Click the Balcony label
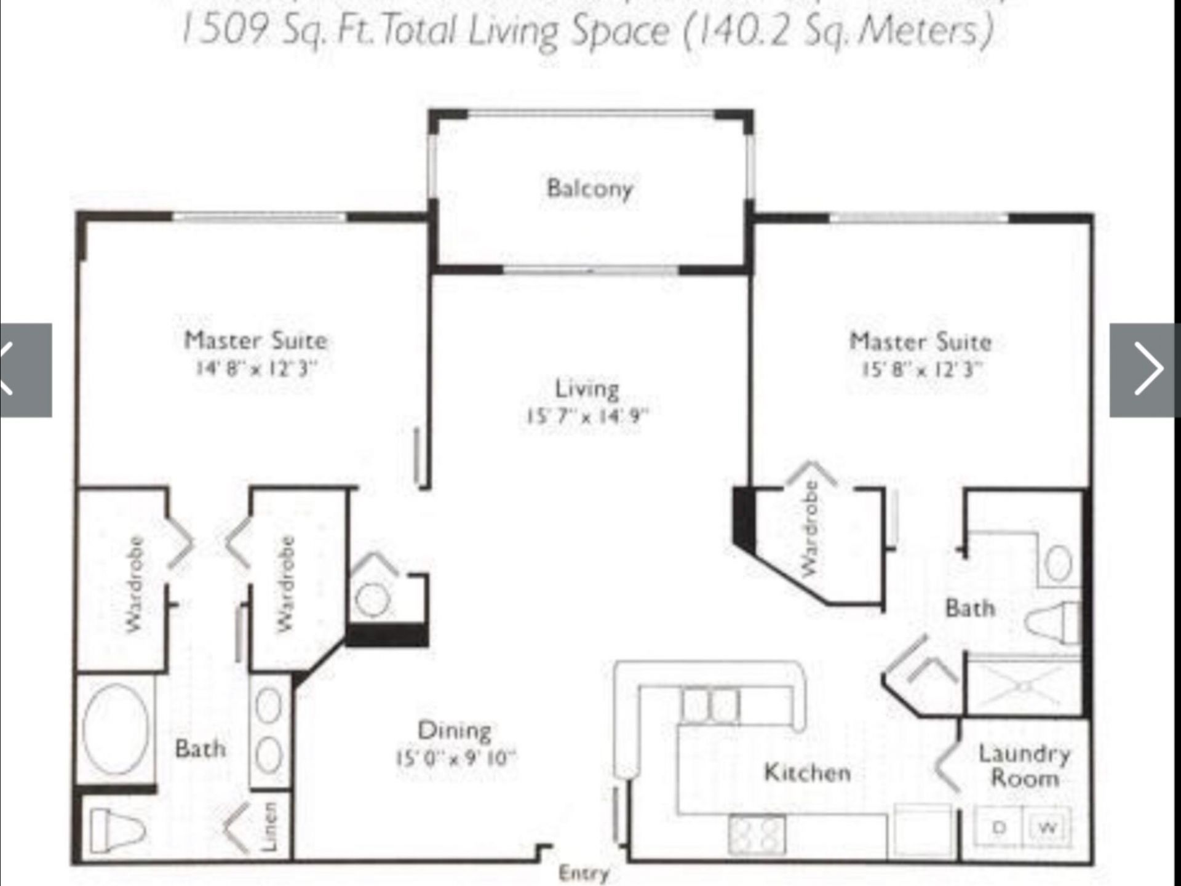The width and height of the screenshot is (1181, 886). click(589, 188)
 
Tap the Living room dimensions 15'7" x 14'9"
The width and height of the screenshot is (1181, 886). click(587, 417)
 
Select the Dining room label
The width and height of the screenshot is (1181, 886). click(455, 731)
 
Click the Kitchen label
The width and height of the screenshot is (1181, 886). click(807, 773)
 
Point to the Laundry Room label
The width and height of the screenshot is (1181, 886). click(1024, 767)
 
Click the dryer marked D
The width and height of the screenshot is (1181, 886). click(999, 828)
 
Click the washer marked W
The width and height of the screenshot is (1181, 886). click(1047, 828)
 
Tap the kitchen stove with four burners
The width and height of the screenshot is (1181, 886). click(757, 834)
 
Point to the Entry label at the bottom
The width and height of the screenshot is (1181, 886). click(583, 873)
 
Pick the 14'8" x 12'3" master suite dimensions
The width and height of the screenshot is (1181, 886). click(256, 369)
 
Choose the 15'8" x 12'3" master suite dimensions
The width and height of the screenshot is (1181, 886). click(920, 370)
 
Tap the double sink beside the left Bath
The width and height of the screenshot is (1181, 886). click(269, 731)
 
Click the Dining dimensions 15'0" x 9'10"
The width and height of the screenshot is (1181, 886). click(455, 758)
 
